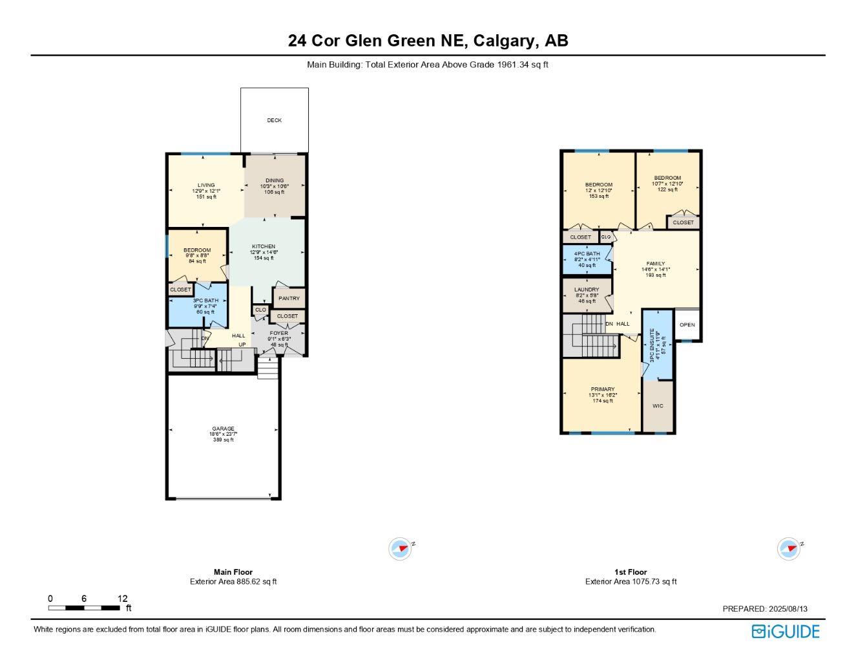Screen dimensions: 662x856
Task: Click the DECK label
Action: pos(275,120)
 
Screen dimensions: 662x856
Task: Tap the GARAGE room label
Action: pos(223,429)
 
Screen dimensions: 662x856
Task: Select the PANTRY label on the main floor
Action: pos(289,298)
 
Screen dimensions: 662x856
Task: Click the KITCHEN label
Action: pos(264,246)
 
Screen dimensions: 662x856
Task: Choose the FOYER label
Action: pos(279,334)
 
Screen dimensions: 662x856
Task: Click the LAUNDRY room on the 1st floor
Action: pos(587,295)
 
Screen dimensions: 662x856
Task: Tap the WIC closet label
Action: pos(658,406)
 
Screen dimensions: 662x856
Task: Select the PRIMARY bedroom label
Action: pos(602,389)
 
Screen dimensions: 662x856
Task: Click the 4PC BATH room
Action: pos(587,259)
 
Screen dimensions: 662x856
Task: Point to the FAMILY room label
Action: pos(656,264)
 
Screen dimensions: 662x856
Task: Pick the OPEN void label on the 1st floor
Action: pos(687,325)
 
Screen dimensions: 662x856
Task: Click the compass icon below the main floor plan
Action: pos(401,549)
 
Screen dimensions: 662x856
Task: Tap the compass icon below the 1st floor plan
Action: pos(789,549)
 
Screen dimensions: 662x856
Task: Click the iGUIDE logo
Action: pos(786,631)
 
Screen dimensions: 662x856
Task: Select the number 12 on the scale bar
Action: pos(123,599)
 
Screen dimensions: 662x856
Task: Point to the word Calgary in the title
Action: pos(503,41)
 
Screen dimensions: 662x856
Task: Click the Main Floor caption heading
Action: pos(233,572)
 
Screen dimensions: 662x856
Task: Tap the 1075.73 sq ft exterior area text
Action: pos(652,581)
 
